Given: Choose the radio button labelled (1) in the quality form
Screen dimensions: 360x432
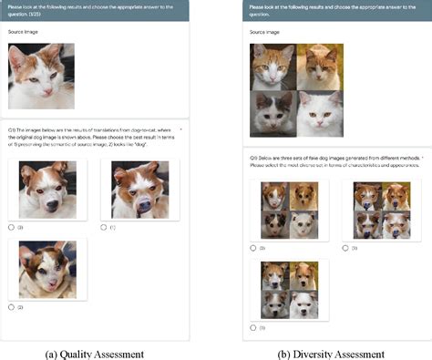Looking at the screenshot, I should point(105,227).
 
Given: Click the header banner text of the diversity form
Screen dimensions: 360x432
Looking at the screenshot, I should point(333,9).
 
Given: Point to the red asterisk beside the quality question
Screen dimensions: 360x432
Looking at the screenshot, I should point(181,129).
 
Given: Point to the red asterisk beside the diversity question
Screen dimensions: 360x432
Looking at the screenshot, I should point(423,158).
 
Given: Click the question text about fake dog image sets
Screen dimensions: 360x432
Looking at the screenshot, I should point(333,161).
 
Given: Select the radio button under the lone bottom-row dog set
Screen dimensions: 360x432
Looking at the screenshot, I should point(254,326).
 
